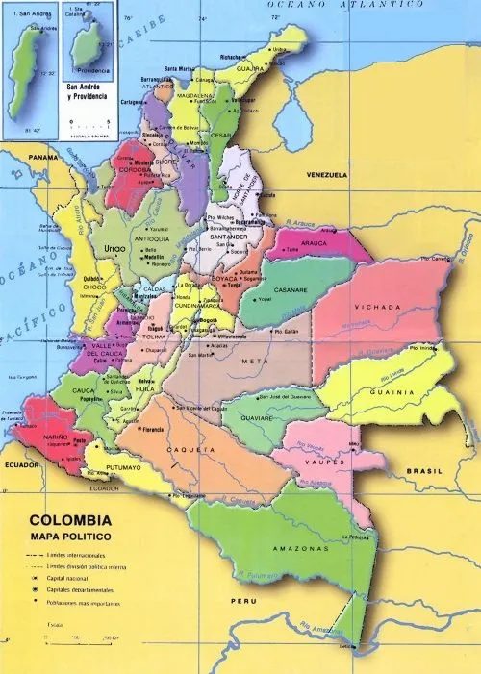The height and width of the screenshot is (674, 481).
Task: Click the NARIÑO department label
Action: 53,435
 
